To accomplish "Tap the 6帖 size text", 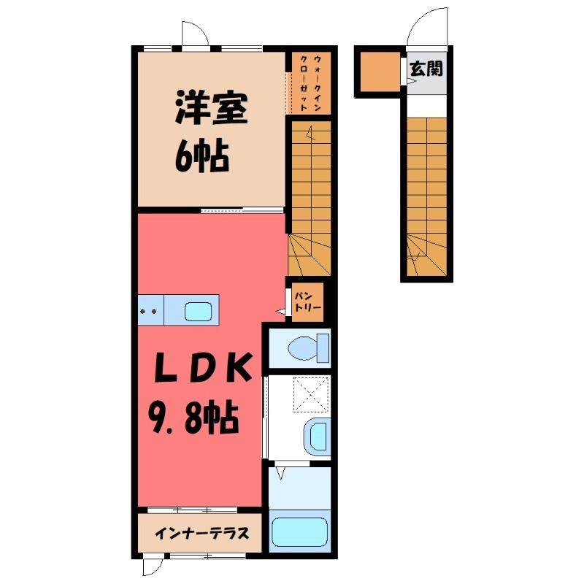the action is point(202,155).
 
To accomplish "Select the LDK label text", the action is point(203,368).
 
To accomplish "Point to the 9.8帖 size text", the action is point(193,417).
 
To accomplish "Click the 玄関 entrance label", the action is point(426,69).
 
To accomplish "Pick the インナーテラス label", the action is point(202,534).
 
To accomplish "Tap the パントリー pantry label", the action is point(307,301).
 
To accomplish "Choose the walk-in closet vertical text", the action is point(311,83).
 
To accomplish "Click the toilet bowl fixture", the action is point(308,348).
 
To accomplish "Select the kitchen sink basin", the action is point(199,311).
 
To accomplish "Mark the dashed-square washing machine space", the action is point(312,394).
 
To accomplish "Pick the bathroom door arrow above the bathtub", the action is point(281,473).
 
